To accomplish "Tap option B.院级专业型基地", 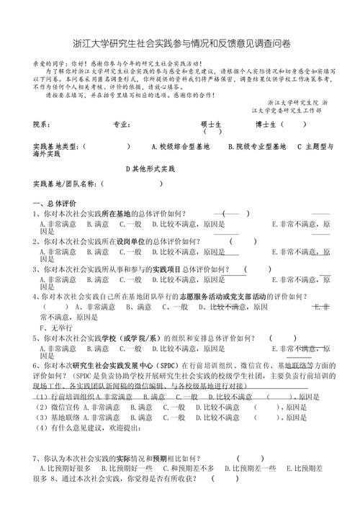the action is coord(252,146).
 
